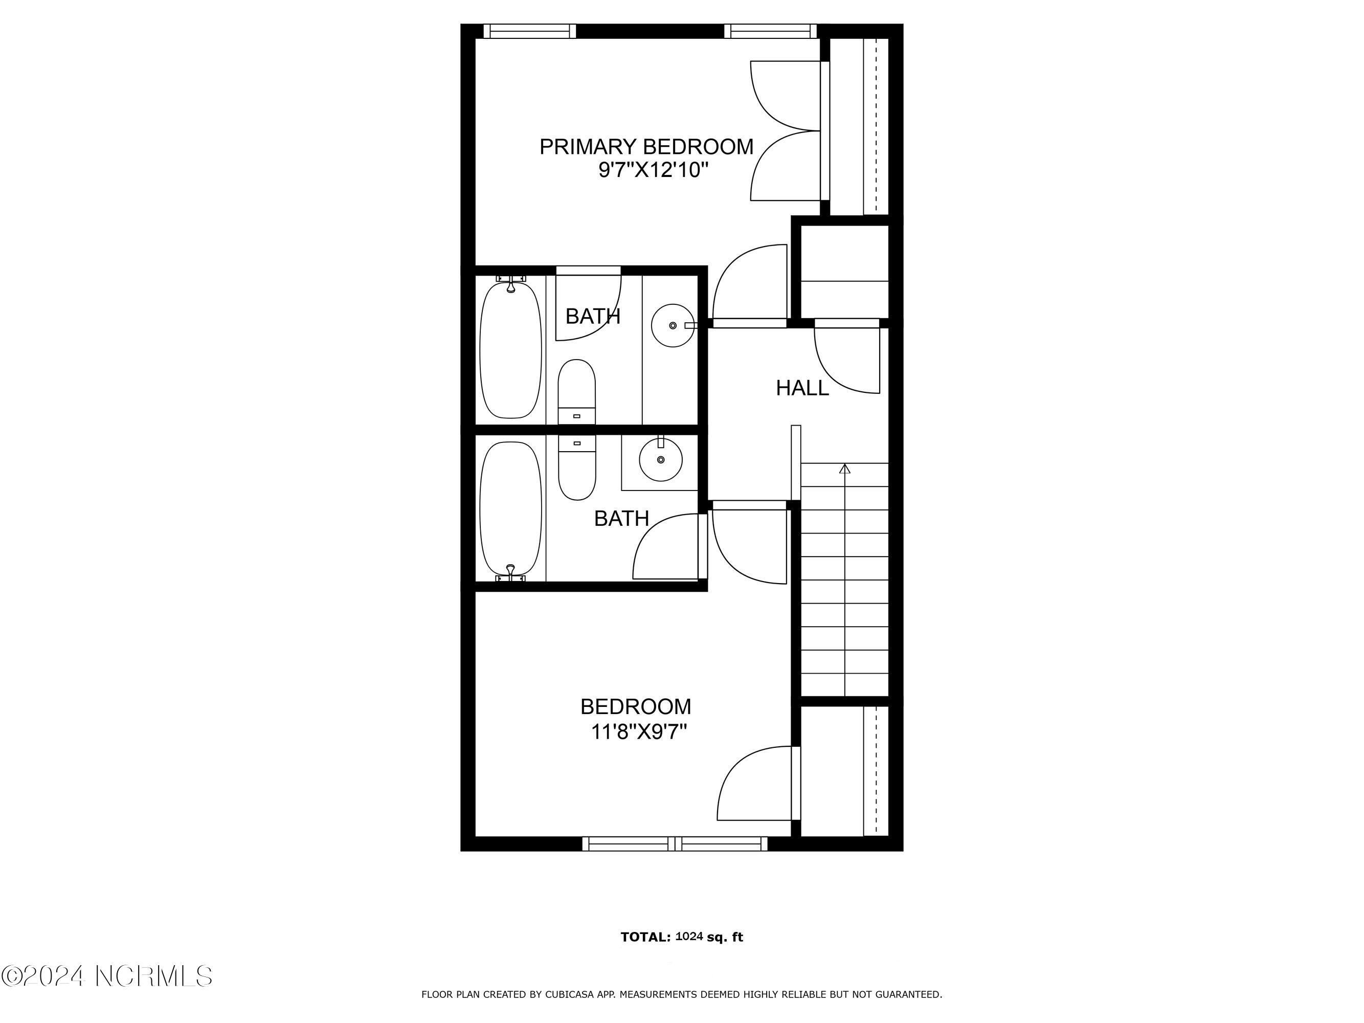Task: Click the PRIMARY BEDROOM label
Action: pyautogui.click(x=646, y=147)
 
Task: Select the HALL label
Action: pyautogui.click(x=802, y=388)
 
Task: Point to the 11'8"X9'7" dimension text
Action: pyautogui.click(x=639, y=732)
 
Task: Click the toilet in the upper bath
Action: pyautogui.click(x=576, y=392)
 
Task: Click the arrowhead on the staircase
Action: pyautogui.click(x=845, y=469)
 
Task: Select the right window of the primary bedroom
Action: pyautogui.click(x=770, y=31)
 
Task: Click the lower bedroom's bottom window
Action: pyautogui.click(x=675, y=843)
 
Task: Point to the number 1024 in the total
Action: pyautogui.click(x=689, y=936)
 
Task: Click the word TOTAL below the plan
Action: pyautogui.click(x=645, y=937)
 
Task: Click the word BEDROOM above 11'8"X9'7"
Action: pyautogui.click(x=636, y=707)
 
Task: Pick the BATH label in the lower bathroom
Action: pyautogui.click(x=621, y=519)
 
